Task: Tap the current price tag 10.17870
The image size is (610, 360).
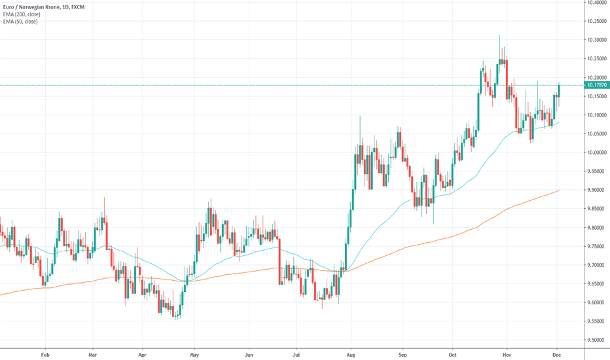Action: click(596, 85)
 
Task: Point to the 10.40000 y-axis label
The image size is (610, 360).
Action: click(596, 3)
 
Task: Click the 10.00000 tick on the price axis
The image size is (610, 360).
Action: click(596, 153)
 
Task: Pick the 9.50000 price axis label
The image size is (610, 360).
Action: click(596, 340)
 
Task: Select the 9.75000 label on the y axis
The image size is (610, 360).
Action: click(596, 246)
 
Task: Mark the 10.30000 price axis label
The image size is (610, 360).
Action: click(596, 40)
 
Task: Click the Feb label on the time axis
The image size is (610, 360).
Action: click(45, 353)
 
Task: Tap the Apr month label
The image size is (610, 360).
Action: click(143, 353)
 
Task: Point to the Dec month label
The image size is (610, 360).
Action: click(557, 353)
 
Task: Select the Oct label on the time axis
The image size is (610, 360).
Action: click(452, 353)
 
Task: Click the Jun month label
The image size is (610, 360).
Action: click(248, 353)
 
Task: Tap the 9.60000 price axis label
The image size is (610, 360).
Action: click(596, 302)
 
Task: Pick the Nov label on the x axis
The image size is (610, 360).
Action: click(507, 353)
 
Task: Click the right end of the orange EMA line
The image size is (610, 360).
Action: click(558, 190)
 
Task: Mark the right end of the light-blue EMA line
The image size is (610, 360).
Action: click(558, 122)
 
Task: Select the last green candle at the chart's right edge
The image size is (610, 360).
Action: click(558, 92)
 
